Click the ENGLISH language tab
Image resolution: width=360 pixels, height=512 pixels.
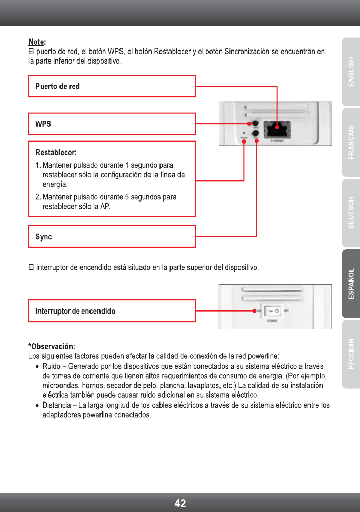pos(351,72)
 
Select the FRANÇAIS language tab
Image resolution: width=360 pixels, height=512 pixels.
pos(351,142)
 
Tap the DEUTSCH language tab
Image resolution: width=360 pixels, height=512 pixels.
pos(351,213)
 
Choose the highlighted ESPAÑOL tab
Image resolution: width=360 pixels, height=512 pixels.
pos(351,284)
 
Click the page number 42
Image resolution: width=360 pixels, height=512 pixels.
pos(180,503)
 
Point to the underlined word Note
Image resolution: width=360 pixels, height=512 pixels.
pos(36,42)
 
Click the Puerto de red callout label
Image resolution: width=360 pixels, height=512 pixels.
pos(57,86)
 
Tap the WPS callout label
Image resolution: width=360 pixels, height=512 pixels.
pos(43,124)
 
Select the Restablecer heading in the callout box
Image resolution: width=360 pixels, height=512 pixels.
pos(56,153)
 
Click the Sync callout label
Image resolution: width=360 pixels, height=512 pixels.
pos(44,237)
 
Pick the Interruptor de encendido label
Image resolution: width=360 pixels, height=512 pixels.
pos(75,311)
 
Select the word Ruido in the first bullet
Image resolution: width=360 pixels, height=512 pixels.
pos(52,366)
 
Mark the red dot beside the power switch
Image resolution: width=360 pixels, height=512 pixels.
pos(255,311)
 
